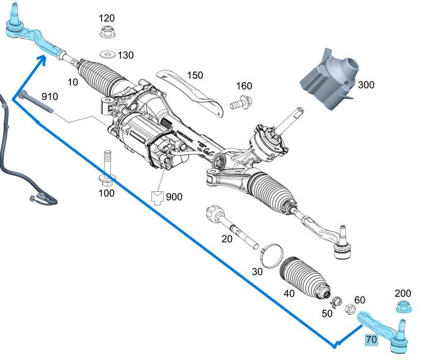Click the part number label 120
pos(106,18)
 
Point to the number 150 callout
pos(195,75)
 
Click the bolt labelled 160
pos(241,101)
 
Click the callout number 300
pos(366,85)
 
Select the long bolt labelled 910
pos(34,102)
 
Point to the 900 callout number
pos(174,197)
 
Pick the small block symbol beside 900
pos(157,197)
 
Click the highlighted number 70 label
pos(371,339)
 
